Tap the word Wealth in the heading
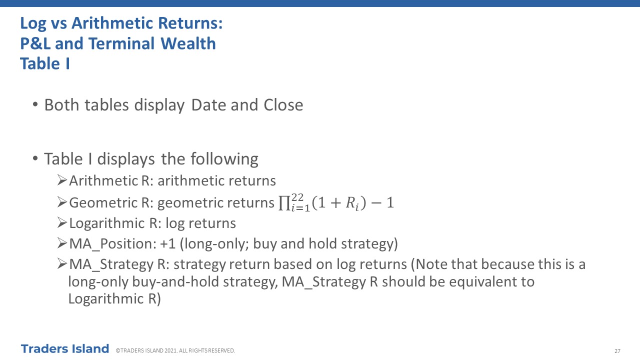pos(188,43)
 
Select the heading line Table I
pos(45,63)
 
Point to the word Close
pos(283,105)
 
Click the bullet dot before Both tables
pos(35,104)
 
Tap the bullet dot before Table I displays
pos(35,158)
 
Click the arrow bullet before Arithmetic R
pos(62,180)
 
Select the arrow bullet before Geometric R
pos(62,202)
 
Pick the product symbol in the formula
pos(284,203)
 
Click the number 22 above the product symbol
pos(297,197)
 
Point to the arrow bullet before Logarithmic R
pos(62,222)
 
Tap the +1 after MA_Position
pos(167,244)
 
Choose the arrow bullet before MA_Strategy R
pos(62,263)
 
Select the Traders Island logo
pos(65,349)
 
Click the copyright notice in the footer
pos(175,350)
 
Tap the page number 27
pos(617,351)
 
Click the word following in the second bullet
pos(224,159)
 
